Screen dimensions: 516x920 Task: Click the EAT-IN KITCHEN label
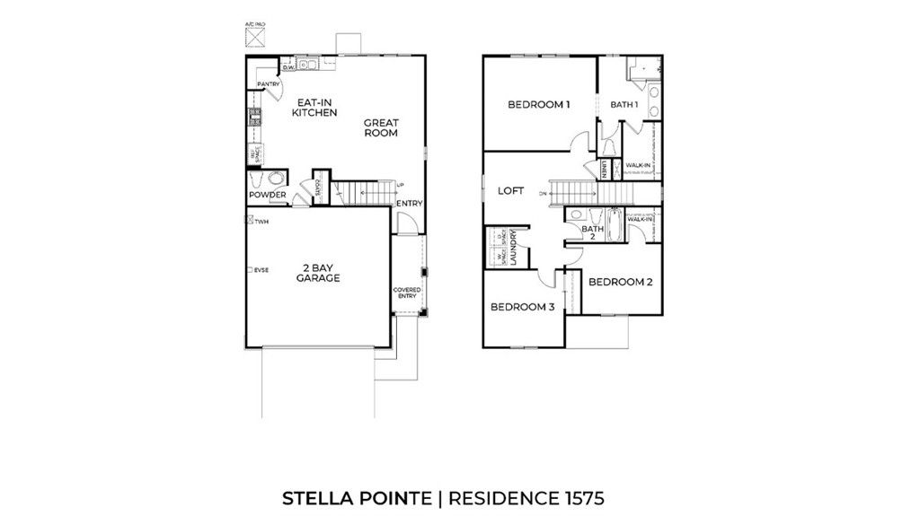point(314,108)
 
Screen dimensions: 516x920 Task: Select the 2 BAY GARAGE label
point(318,274)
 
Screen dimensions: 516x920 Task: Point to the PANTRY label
point(269,84)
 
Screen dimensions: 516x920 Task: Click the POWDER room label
point(267,195)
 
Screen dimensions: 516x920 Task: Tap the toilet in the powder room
point(277,177)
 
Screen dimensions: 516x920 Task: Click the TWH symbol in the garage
point(250,220)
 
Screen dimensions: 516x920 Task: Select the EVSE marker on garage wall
point(250,269)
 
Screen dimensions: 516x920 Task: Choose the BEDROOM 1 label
point(539,105)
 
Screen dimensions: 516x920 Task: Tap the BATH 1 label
point(624,105)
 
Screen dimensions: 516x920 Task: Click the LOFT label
point(510,190)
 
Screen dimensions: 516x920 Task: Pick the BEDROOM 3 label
point(521,307)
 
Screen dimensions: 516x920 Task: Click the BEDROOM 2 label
point(620,282)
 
